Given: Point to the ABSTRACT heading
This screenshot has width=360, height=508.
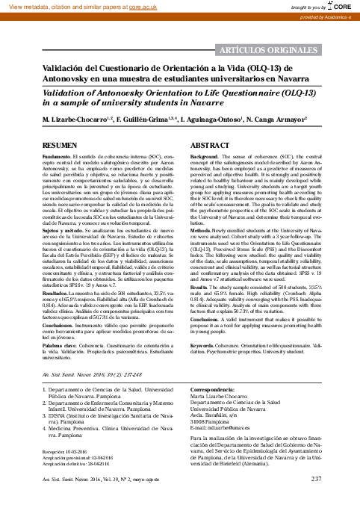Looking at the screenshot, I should [211, 143].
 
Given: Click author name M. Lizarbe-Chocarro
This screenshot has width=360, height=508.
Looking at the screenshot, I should [72, 120].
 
